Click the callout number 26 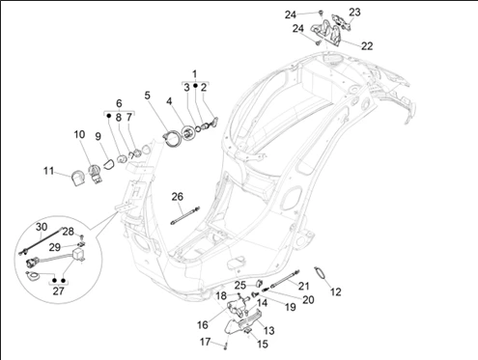(178, 197)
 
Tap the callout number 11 (48, 171)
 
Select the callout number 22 (367, 46)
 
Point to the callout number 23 (354, 13)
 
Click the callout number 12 (335, 291)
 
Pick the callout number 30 (42, 227)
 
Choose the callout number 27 (58, 291)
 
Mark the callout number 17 (205, 342)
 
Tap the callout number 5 (148, 96)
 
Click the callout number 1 (194, 74)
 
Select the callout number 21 (303, 286)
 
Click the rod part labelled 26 (185, 215)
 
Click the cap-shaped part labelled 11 (76, 178)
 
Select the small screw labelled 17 (225, 346)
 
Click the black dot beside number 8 (109, 115)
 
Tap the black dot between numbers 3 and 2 (195, 86)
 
